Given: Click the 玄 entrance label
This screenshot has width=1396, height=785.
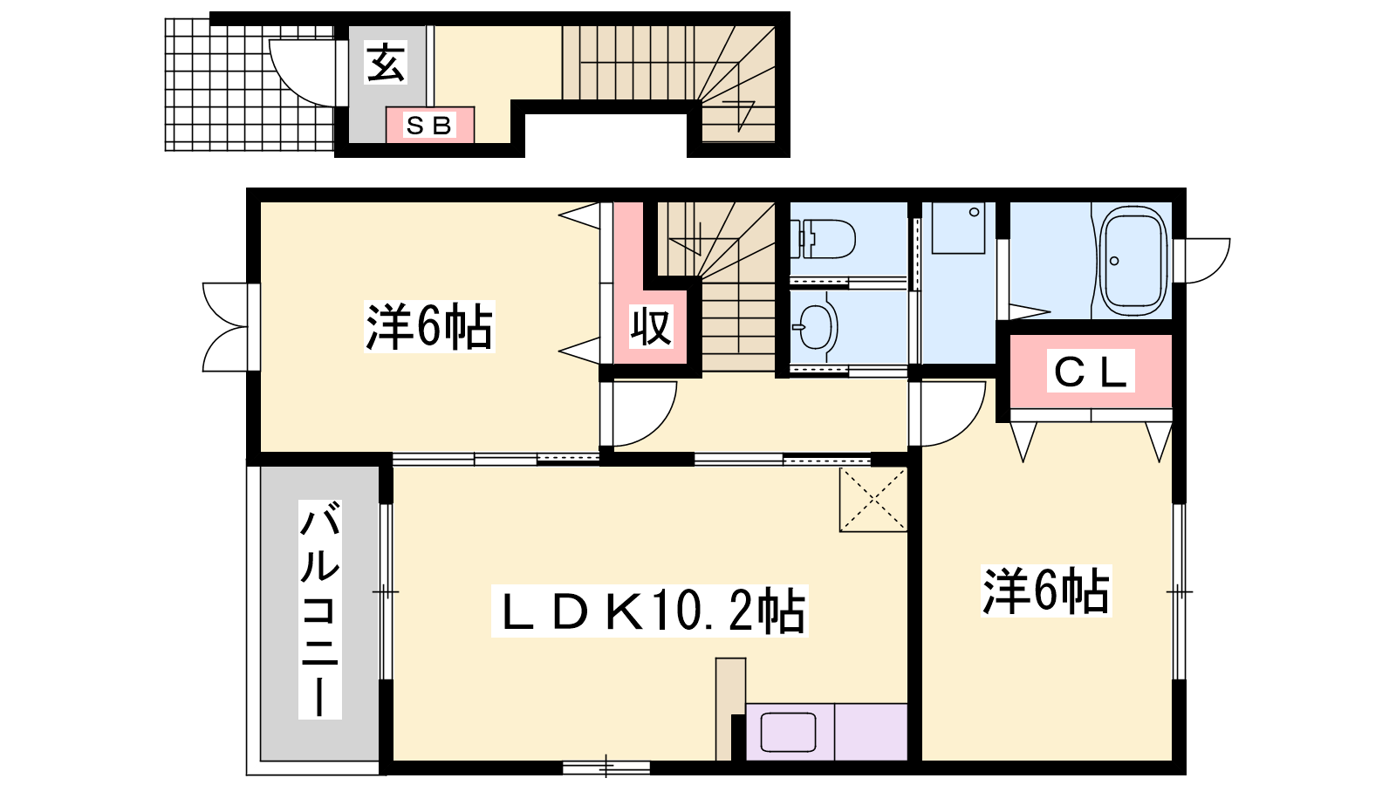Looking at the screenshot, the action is tap(387, 62).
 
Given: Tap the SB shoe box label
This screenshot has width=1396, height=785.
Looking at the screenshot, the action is tap(428, 126).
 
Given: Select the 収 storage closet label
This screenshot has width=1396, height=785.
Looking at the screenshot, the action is tap(651, 326).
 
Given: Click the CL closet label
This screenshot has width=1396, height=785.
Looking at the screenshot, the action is tap(1090, 372).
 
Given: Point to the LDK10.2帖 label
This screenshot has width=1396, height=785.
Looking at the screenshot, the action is tap(649, 611).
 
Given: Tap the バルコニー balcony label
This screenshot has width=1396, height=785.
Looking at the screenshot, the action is tap(320, 609).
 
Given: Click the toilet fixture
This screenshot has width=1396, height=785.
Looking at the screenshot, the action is tap(823, 239).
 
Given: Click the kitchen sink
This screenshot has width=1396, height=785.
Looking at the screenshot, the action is tap(789, 732).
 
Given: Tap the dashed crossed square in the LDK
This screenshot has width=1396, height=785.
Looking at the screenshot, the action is tap(872, 500).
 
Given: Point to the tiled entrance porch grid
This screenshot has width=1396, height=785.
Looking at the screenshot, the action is tap(250, 85).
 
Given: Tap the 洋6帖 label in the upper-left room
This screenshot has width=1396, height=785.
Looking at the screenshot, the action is tap(429, 326).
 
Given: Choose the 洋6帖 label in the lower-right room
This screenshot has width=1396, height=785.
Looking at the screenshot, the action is tap(1046, 590).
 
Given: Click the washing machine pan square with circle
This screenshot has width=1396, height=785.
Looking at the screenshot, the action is tap(959, 228).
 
